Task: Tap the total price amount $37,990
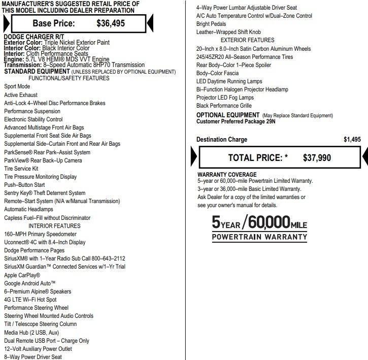[317, 158]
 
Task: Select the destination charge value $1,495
[352, 140]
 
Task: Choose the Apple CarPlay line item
[22, 275]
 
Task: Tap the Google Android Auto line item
[30, 283]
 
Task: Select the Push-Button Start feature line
[24, 185]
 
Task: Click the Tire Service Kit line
[21, 169]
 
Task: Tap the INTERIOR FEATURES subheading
[54, 226]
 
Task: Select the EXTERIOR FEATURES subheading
[247, 41]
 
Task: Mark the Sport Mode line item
[17, 87]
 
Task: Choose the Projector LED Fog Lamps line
[225, 97]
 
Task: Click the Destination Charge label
[222, 140]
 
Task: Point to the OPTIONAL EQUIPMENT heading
[228, 115]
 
